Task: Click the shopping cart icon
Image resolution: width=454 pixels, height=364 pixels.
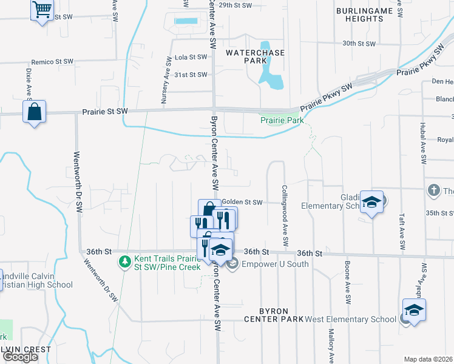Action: [42, 9]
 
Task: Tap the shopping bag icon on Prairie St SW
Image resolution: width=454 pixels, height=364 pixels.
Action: [34, 112]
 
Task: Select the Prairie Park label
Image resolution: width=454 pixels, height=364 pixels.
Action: [282, 121]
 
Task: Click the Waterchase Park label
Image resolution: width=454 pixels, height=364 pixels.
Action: [255, 57]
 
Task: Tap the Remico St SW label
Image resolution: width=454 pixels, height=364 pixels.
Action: [52, 62]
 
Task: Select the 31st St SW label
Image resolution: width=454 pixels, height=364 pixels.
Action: [191, 75]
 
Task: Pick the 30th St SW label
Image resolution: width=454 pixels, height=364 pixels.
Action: [359, 44]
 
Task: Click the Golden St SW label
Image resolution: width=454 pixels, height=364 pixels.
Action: [242, 202]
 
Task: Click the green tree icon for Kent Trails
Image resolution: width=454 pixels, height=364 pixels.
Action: [124, 262]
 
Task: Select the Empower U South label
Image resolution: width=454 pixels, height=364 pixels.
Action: [275, 264]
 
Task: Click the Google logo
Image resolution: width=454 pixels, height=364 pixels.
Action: [20, 357]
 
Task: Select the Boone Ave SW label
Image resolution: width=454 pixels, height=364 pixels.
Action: [348, 283]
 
